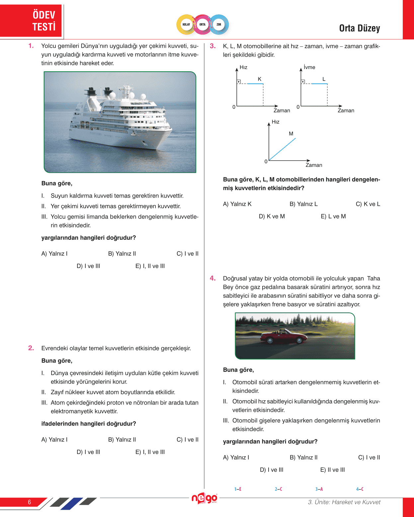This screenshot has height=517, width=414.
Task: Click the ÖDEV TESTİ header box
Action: (x=32, y=21)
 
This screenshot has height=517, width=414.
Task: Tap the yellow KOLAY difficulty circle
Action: (x=186, y=25)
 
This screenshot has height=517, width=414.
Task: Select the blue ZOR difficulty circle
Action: (x=219, y=25)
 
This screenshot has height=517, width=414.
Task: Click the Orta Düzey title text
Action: (x=359, y=29)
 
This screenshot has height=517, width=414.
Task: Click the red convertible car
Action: (x=284, y=336)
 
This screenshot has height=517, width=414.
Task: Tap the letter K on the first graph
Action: (x=260, y=79)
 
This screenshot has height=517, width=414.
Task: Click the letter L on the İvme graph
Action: (x=324, y=79)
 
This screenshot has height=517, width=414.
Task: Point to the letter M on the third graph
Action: (x=291, y=134)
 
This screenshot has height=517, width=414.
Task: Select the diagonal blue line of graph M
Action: (x=282, y=149)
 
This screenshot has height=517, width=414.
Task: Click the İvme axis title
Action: (x=309, y=67)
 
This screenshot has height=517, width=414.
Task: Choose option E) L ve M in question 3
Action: (x=333, y=217)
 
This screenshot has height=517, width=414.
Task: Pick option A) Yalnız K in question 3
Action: (x=237, y=204)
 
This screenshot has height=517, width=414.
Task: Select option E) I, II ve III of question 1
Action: (x=150, y=266)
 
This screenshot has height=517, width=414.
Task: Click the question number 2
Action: (x=31, y=348)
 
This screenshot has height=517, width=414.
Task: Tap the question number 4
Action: (x=213, y=278)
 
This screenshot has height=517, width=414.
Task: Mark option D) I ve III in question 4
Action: (x=272, y=470)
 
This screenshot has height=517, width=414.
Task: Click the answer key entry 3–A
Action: (x=319, y=489)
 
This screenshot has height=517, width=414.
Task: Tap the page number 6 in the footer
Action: (x=30, y=502)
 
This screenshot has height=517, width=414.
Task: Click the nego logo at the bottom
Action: (x=204, y=498)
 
